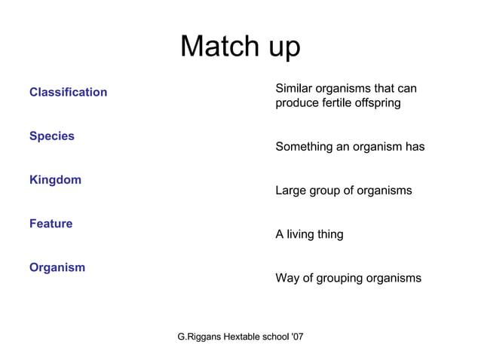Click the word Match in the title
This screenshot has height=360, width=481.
pos(215,47)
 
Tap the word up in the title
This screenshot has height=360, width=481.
pos(279,49)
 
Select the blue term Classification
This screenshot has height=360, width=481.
pos(68,92)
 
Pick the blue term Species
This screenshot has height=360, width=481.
pos(52,136)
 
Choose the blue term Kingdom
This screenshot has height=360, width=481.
pos(55,180)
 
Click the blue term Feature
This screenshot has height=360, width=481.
pos(51,224)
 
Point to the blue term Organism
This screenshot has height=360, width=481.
pos(57,267)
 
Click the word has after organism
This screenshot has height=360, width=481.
pos(415,147)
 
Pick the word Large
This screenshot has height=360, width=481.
pos(292,191)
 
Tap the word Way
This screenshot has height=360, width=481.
pos(287,279)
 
